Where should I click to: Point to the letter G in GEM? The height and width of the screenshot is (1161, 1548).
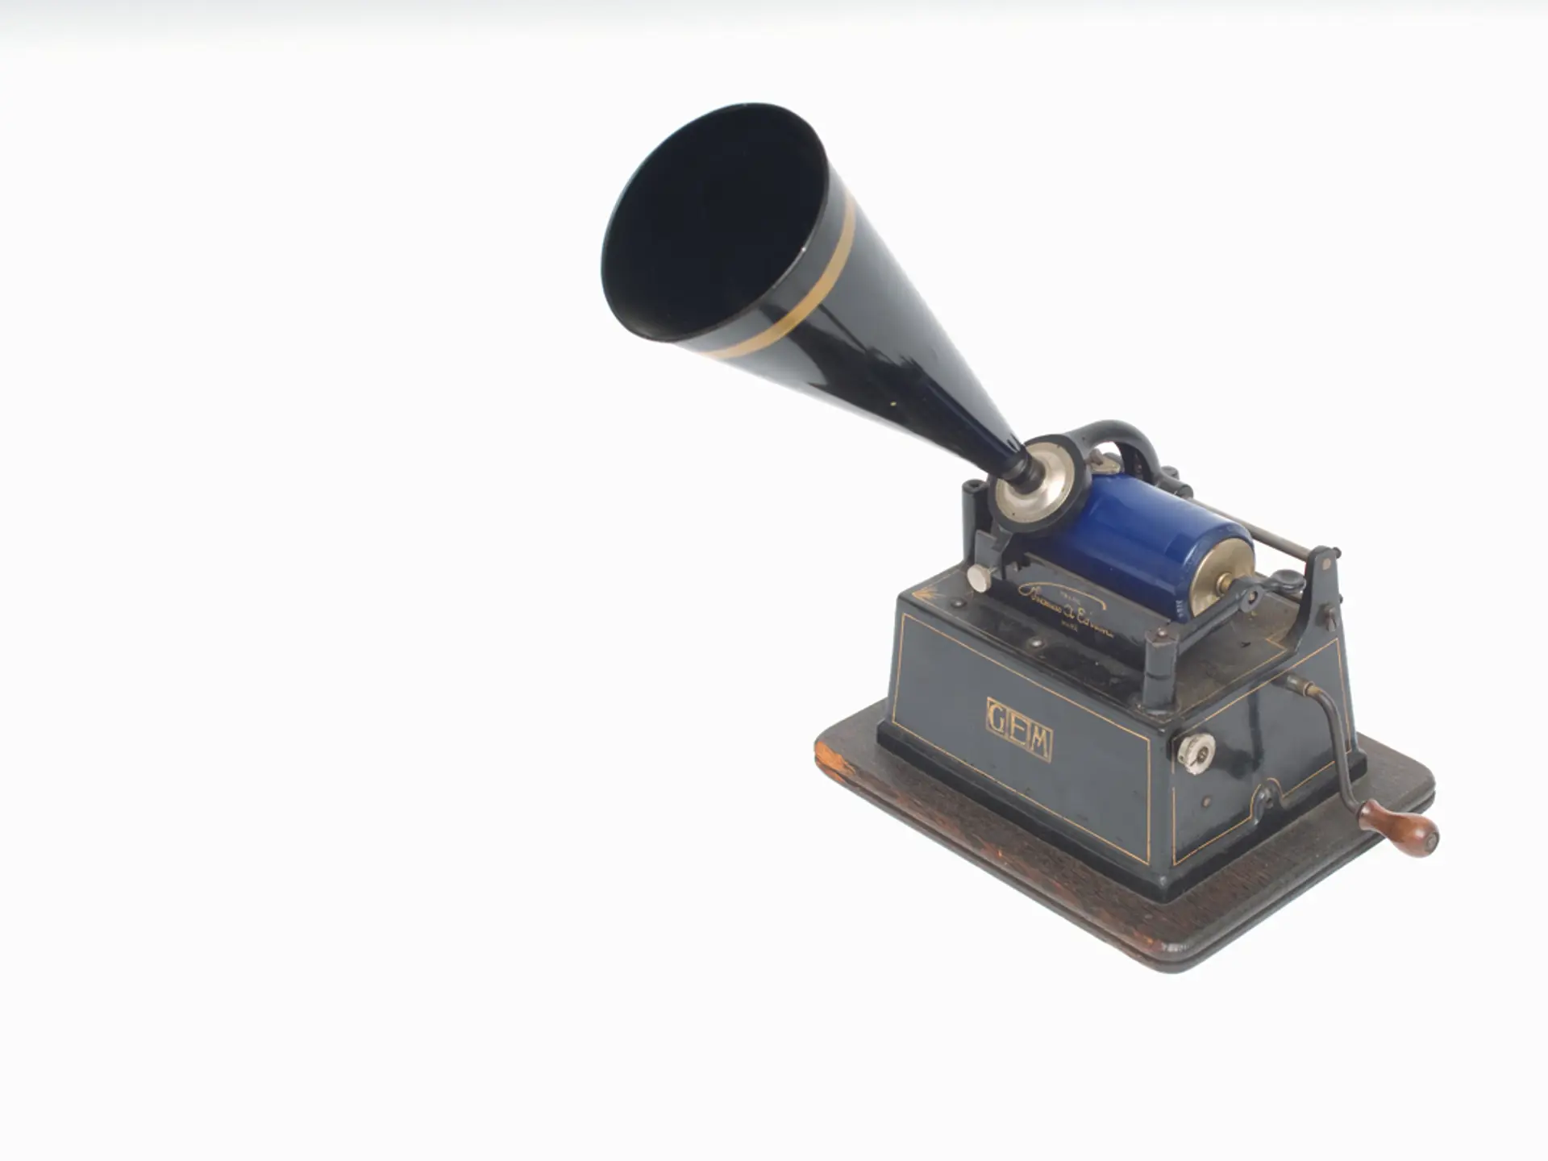[997, 717]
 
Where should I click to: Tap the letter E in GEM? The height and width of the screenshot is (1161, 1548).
[1018, 730]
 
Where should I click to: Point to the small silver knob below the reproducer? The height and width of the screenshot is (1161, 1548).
[979, 577]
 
